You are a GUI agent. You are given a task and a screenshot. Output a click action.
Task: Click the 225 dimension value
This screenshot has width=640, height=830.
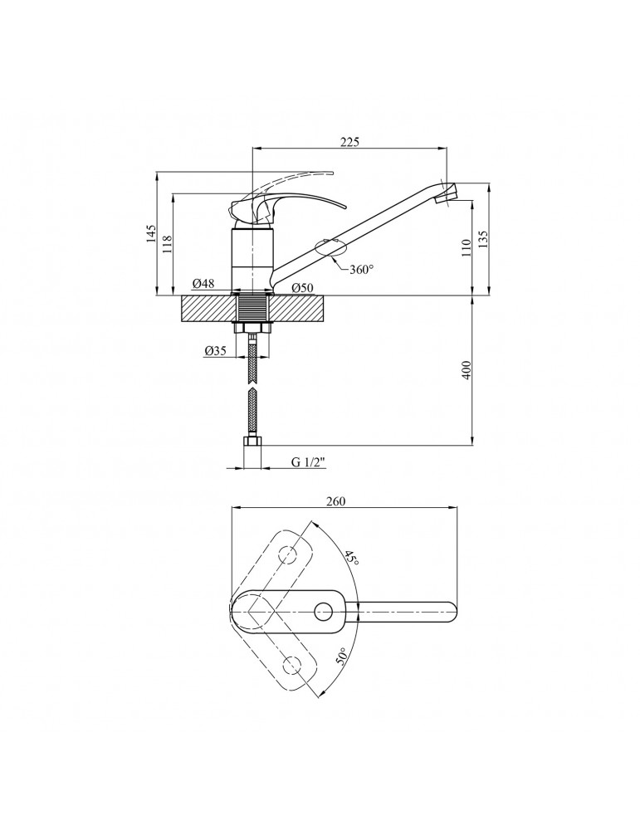tap(349, 142)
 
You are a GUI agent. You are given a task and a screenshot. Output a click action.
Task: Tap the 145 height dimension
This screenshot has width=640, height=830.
tap(151, 233)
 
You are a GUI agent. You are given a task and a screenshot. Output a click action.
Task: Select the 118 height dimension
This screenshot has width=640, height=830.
tap(168, 244)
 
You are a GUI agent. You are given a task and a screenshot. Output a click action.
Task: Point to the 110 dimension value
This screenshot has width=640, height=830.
tap(467, 247)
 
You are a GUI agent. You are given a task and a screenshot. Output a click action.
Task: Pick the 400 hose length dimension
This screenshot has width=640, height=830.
tap(467, 370)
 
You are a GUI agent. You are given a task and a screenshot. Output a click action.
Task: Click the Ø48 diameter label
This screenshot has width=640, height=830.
tap(204, 284)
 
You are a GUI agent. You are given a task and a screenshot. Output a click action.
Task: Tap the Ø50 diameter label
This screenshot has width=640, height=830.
tap(303, 287)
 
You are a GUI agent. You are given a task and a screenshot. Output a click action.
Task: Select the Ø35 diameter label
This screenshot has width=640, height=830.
tap(216, 350)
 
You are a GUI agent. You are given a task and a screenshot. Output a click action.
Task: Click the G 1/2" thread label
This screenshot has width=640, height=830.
tap(308, 461)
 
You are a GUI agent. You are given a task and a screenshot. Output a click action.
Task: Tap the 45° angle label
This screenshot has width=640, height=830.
tap(351, 558)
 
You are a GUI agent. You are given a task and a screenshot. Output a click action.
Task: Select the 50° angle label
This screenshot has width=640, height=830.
tap(342, 656)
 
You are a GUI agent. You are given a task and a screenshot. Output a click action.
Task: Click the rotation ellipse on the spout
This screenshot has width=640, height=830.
tap(330, 247)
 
